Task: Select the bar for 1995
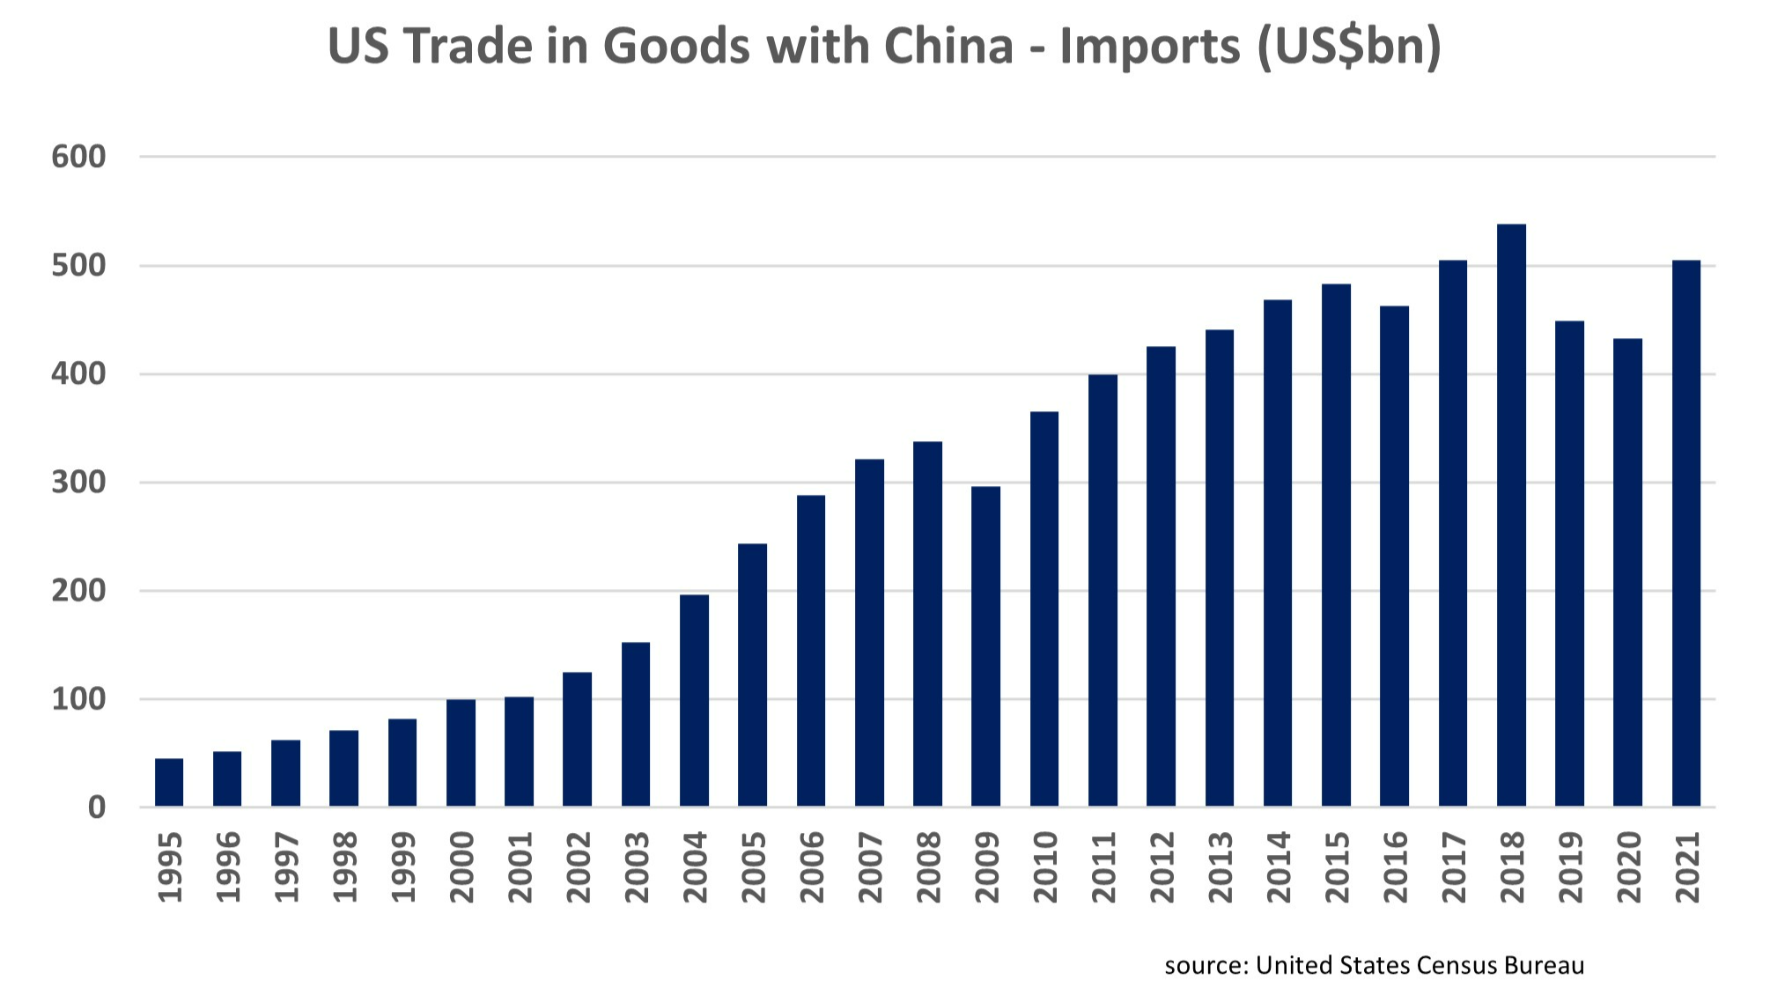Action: pyautogui.click(x=169, y=782)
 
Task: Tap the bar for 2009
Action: pyautogui.click(x=985, y=646)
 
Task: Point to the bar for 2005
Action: pyautogui.click(x=752, y=674)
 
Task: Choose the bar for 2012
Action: pyautogui.click(x=1161, y=576)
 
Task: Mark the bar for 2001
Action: pyautogui.click(x=519, y=751)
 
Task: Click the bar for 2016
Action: pyautogui.click(x=1394, y=556)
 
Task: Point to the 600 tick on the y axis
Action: pyautogui.click(x=78, y=157)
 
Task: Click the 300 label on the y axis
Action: pyautogui.click(x=78, y=483)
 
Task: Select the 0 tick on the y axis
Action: pyautogui.click(x=96, y=807)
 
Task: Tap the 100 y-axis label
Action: pyautogui.click(x=78, y=700)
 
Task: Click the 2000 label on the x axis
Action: pyautogui.click(x=461, y=867)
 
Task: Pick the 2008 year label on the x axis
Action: pyautogui.click(x=928, y=867)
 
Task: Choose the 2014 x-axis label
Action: pyautogui.click(x=1278, y=867)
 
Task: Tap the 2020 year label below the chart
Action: pyautogui.click(x=1628, y=867)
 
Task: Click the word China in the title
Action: pyautogui.click(x=948, y=46)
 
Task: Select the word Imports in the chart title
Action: pyautogui.click(x=1150, y=46)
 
